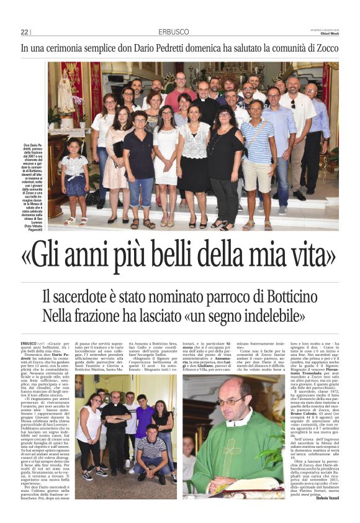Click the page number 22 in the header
pos(25,32)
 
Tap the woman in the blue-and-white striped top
pos(256,161)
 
